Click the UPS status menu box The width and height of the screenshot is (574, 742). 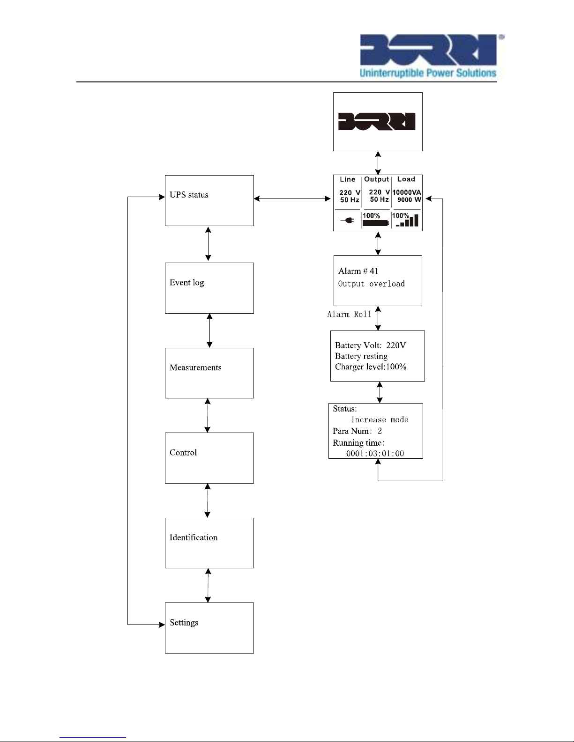pyautogui.click(x=209, y=200)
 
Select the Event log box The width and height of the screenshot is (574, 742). pyautogui.click(x=209, y=288)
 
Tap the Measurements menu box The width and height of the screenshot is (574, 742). pyautogui.click(x=209, y=373)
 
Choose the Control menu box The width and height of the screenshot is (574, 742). pyautogui.click(x=209, y=458)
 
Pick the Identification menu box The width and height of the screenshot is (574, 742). pyautogui.click(x=209, y=543)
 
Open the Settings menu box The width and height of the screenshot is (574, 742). pyautogui.click(x=209, y=628)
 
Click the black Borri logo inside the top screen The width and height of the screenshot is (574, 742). pyautogui.click(x=377, y=122)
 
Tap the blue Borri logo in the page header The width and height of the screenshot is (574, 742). pyautogui.click(x=428, y=50)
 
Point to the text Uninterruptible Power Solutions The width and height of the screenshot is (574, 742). pyautogui.click(x=428, y=73)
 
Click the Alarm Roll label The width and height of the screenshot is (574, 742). pyautogui.click(x=349, y=314)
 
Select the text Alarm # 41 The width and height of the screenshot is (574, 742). pyautogui.click(x=358, y=271)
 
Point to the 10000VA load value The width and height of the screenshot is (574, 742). pyautogui.click(x=407, y=192)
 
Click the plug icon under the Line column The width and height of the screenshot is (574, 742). pyautogui.click(x=348, y=220)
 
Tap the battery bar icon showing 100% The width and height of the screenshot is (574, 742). pyautogui.click(x=375, y=223)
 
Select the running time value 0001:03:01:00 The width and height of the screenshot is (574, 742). pyautogui.click(x=375, y=453)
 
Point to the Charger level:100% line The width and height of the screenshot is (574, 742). pyautogui.click(x=371, y=367)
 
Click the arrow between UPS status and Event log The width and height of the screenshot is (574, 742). pyautogui.click(x=208, y=244)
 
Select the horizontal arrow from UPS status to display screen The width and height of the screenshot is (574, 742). pyautogui.click(x=292, y=198)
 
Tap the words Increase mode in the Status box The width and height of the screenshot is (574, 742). pyautogui.click(x=380, y=419)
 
